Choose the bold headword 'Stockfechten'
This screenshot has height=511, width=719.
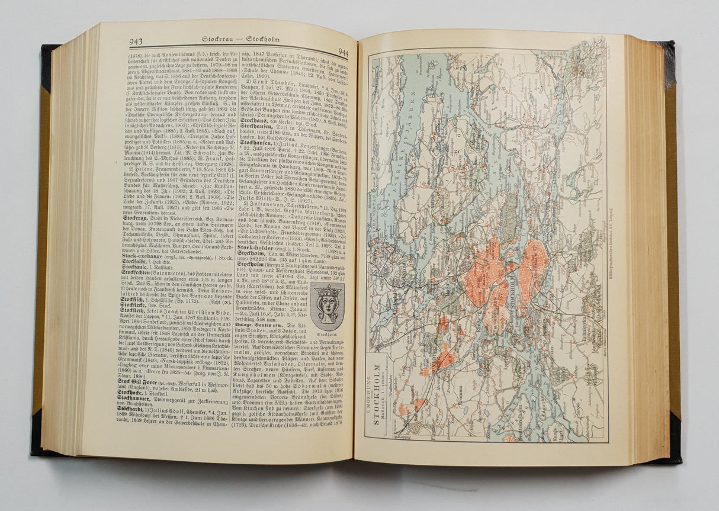click(x=140, y=274)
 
